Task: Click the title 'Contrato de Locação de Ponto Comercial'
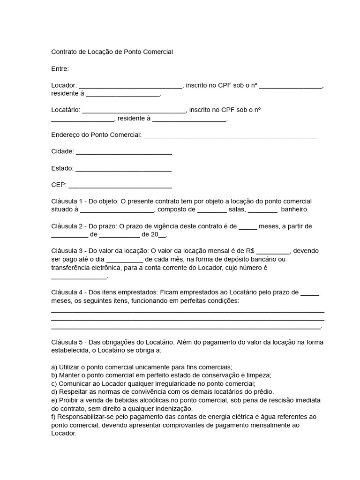(x=112, y=52)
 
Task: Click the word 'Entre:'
(x=60, y=69)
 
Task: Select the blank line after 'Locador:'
(x=130, y=86)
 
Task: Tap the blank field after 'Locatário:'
(x=134, y=110)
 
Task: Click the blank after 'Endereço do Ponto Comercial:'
(x=230, y=135)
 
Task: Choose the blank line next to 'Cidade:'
(x=124, y=152)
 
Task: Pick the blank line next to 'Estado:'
(x=123, y=168)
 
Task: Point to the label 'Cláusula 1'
(x=67, y=201)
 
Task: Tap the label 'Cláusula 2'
(x=67, y=226)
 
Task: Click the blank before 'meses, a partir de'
(x=248, y=226)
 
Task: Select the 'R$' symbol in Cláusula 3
(x=250, y=251)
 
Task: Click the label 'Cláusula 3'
(x=67, y=251)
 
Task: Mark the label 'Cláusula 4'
(x=67, y=292)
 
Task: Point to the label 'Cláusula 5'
(x=67, y=342)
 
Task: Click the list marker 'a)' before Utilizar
(x=54, y=367)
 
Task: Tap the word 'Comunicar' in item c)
(x=74, y=383)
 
